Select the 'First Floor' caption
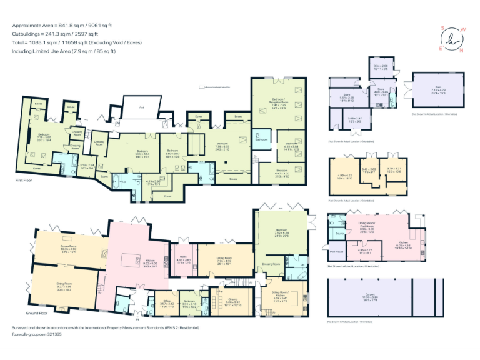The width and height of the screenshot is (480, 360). (x=24, y=181)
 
